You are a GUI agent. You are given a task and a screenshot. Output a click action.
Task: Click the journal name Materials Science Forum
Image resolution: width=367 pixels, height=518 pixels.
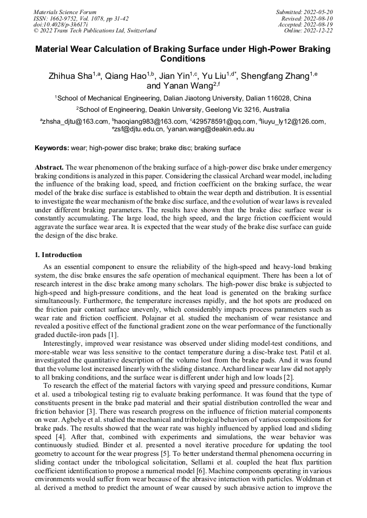[65, 11]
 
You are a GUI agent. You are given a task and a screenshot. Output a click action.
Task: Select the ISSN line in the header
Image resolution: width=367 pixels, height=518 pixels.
[81, 18]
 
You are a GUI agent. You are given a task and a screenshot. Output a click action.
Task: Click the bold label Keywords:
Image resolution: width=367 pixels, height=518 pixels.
[52, 147]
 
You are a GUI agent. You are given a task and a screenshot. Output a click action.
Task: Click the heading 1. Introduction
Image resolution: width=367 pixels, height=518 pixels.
[58, 255]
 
